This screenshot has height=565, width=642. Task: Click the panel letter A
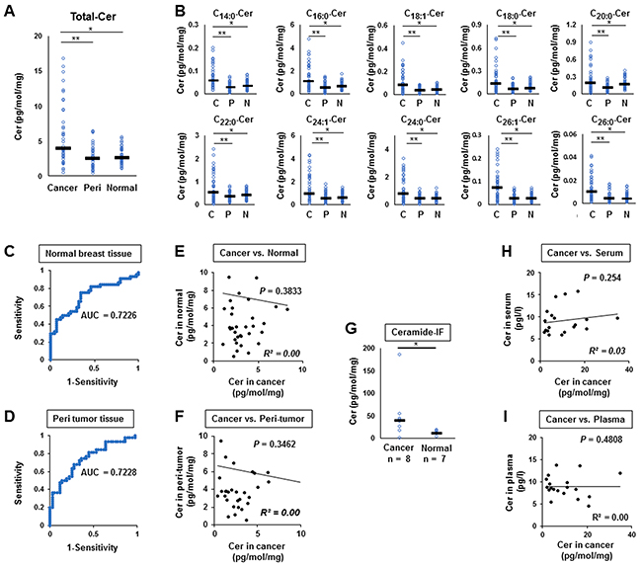pos(11,11)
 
